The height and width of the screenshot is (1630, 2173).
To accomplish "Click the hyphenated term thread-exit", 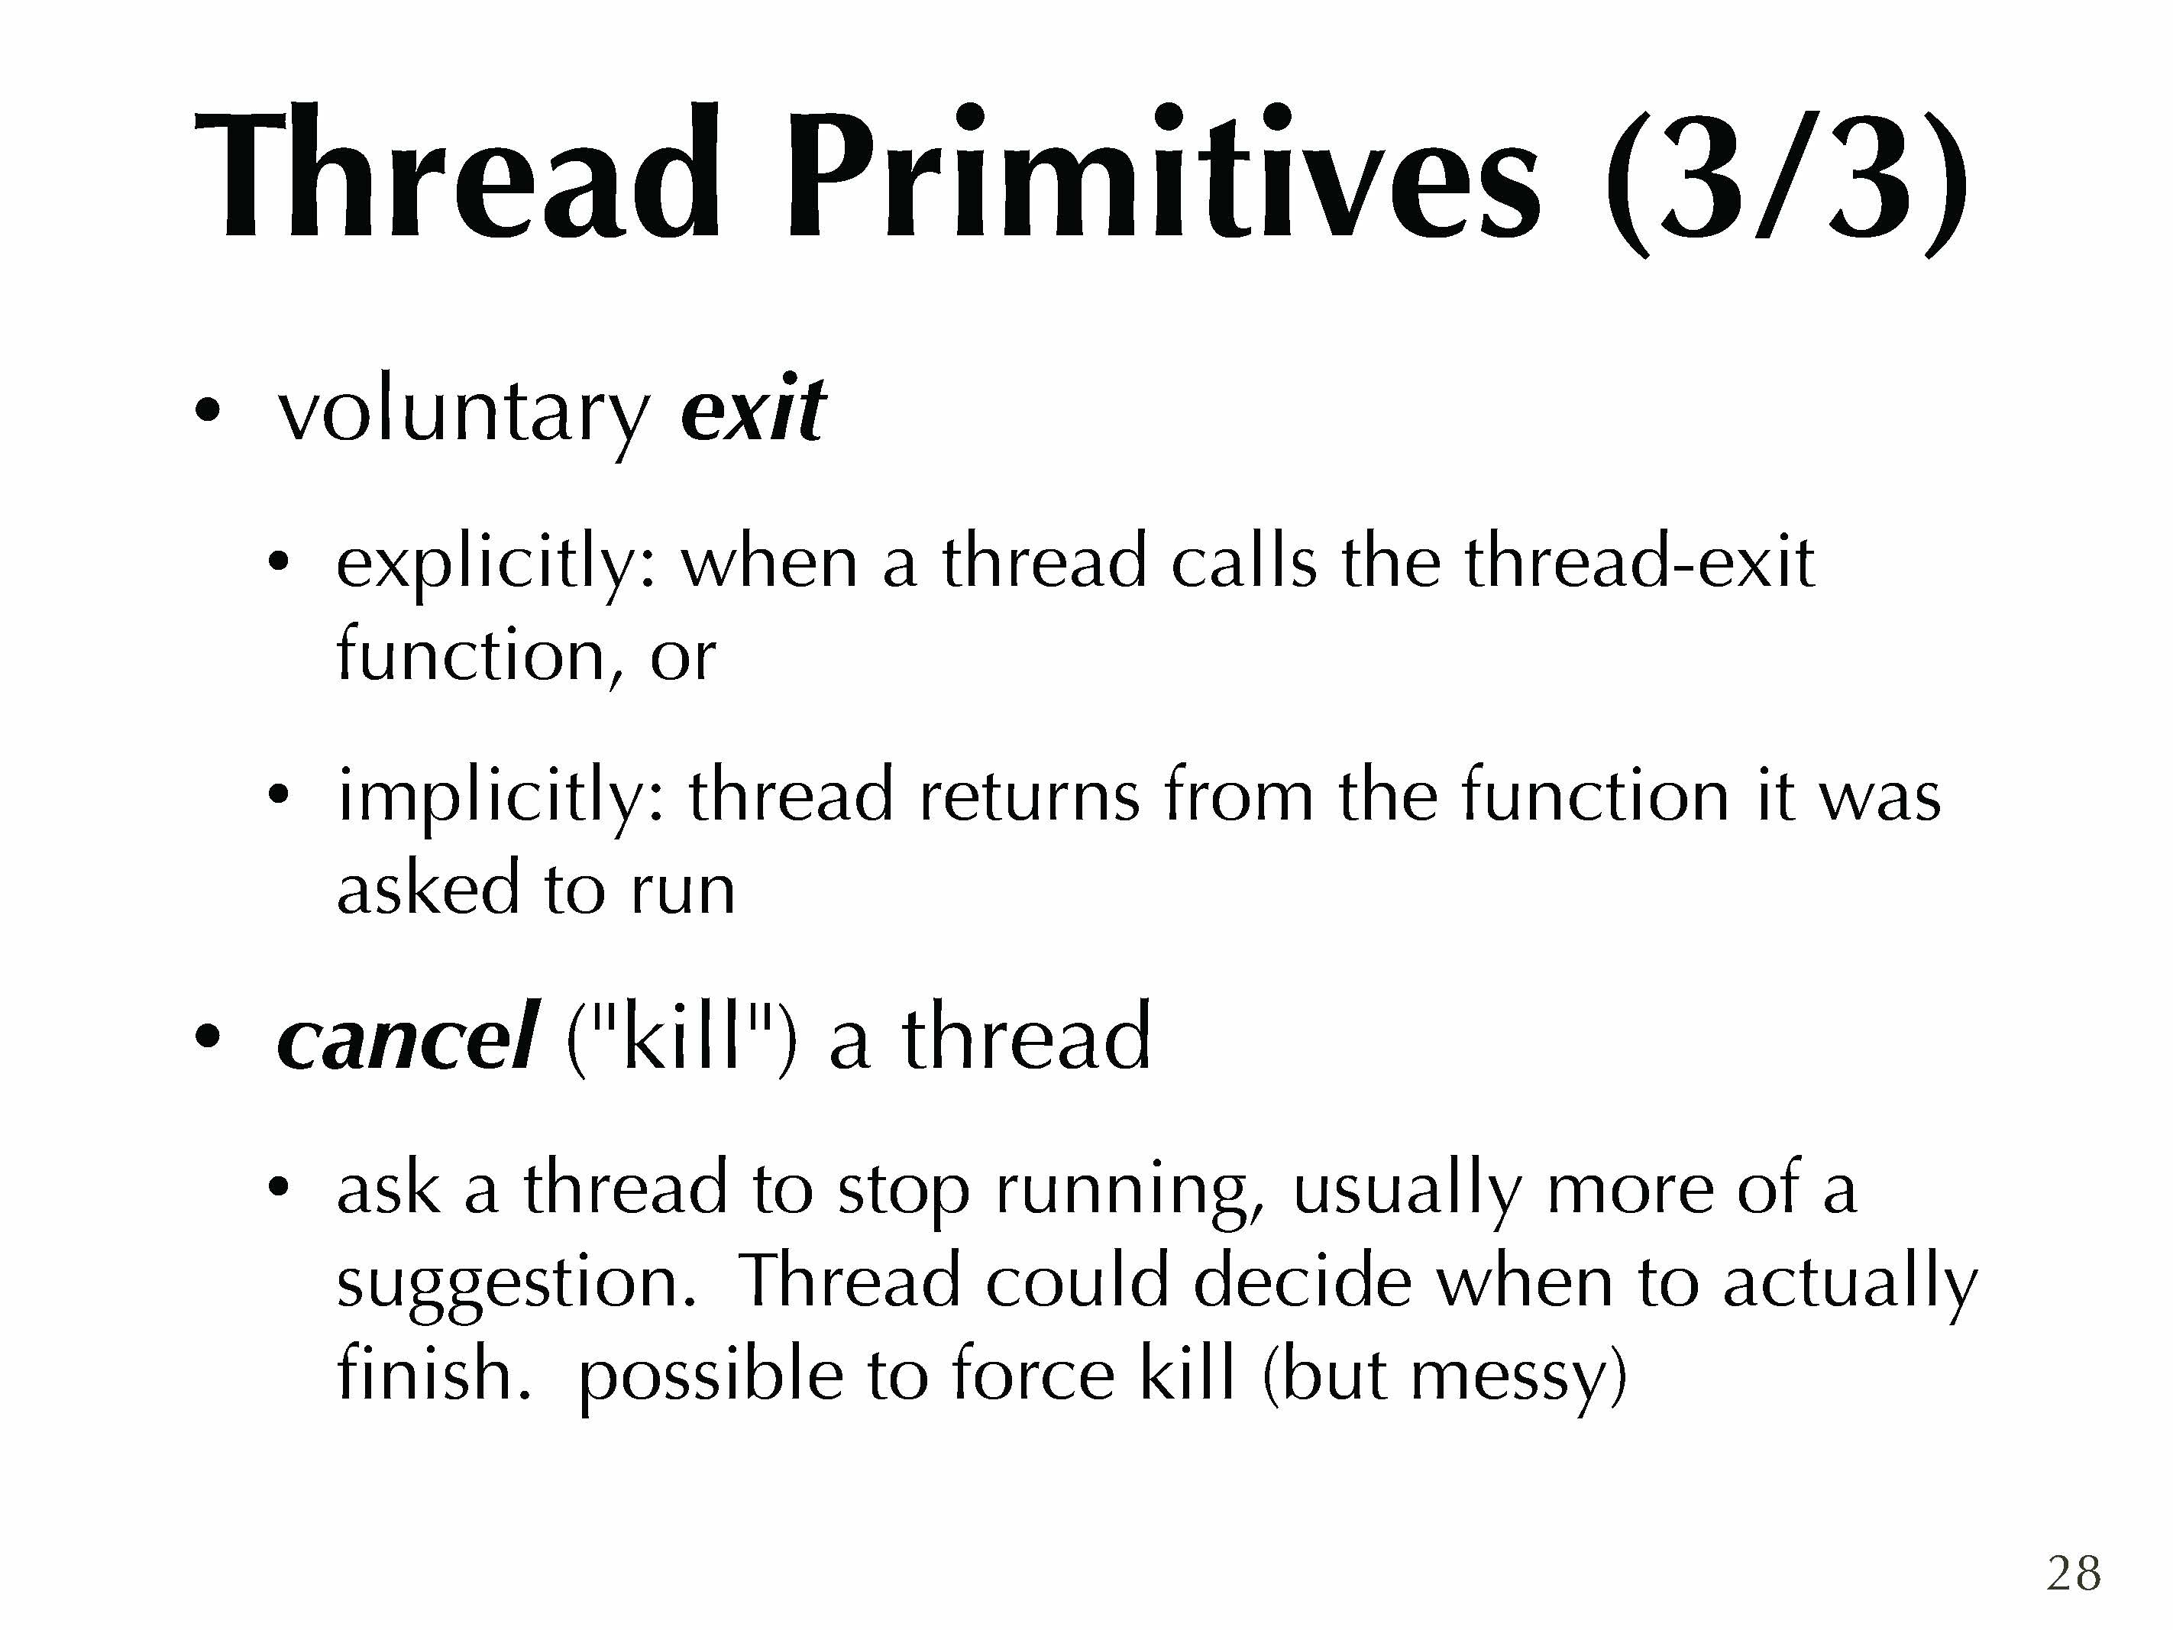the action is pyautogui.click(x=1638, y=562).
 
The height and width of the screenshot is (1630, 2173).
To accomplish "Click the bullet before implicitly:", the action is pyautogui.click(x=279, y=797).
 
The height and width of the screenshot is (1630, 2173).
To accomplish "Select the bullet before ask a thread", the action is pyautogui.click(x=279, y=1188).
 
